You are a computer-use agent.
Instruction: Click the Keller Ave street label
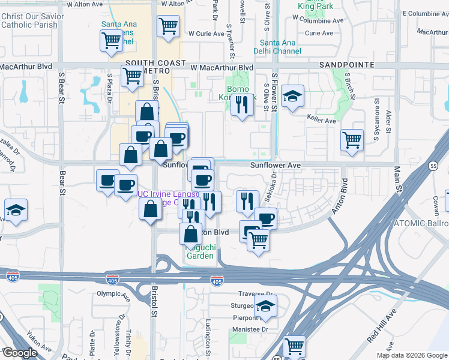(x=321, y=120)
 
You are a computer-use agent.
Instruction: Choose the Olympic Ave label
(x=113, y=294)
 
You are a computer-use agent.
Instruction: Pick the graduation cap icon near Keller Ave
(x=292, y=97)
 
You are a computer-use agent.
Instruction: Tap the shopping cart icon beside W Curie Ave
(x=168, y=26)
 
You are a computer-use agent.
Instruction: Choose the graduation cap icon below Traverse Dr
(x=264, y=306)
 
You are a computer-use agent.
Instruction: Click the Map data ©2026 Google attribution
(x=411, y=355)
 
